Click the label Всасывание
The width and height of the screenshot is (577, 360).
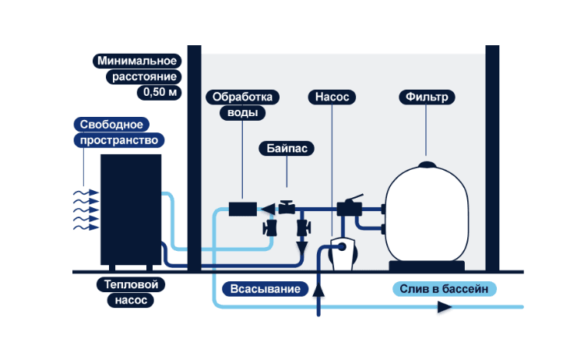coord(266,289)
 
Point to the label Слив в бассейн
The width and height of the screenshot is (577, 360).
coord(444,289)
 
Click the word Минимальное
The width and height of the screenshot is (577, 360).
coord(137,61)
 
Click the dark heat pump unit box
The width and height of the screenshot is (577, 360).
coord(130,209)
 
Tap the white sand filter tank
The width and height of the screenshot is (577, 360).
coord(427,214)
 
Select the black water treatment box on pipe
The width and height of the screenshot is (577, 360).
coord(242,209)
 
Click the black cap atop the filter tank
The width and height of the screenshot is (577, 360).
coord(427,164)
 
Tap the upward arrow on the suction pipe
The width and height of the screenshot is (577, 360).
coord(318,290)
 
